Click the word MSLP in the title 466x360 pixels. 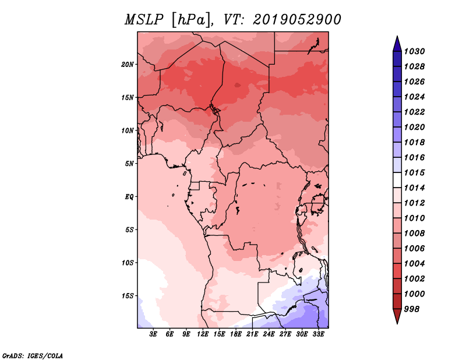(x=144, y=20)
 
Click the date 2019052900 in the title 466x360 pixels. (x=297, y=20)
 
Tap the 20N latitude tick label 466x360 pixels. (x=128, y=65)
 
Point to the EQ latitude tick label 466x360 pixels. (x=129, y=197)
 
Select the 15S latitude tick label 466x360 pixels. (x=128, y=296)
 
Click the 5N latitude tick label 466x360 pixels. (x=129, y=164)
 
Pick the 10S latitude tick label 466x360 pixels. (x=128, y=263)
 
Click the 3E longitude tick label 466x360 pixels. (x=153, y=334)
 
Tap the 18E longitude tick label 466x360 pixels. (x=236, y=334)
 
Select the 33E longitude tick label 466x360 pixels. (x=318, y=334)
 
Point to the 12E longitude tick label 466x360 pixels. (x=203, y=334)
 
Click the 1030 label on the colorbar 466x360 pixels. (x=414, y=51)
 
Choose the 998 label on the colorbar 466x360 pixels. (x=412, y=309)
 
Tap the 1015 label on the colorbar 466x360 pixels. (x=414, y=172)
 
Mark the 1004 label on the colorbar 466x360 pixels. (x=414, y=264)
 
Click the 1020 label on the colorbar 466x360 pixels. (x=414, y=127)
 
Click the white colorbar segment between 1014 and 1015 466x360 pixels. (x=397, y=180)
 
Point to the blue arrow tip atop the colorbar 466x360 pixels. (x=397, y=36)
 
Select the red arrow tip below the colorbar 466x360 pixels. (x=397, y=323)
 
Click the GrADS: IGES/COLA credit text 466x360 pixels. (x=33, y=355)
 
